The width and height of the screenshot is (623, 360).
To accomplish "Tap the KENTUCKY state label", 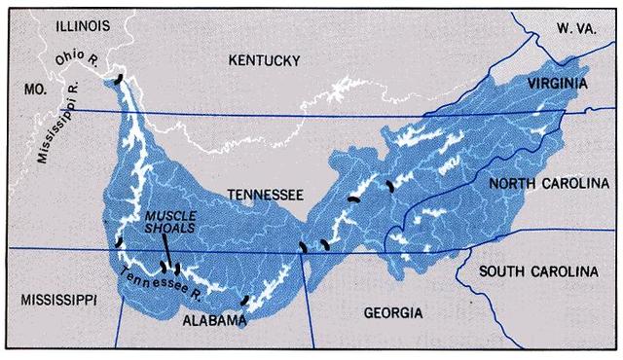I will tap(264, 61).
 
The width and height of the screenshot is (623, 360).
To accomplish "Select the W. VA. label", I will tap(576, 28).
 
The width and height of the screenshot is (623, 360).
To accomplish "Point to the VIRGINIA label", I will tap(558, 85).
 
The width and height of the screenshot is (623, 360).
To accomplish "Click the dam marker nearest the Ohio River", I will tap(119, 79).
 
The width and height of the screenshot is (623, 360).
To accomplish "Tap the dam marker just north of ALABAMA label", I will tap(246, 301).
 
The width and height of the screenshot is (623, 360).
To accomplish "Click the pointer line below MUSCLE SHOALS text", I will tap(166, 251).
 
